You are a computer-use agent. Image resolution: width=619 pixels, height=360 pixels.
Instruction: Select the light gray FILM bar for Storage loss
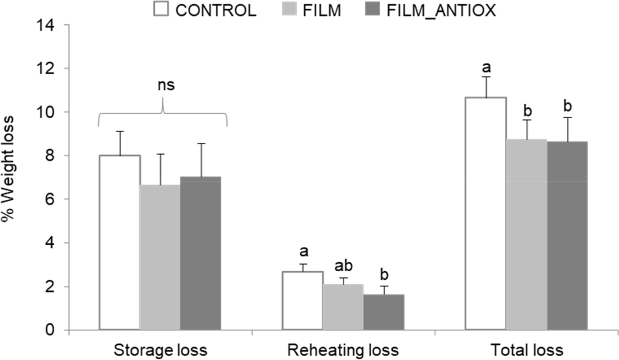coord(160,258)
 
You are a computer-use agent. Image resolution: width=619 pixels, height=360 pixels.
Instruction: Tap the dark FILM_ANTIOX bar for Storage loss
coord(200,253)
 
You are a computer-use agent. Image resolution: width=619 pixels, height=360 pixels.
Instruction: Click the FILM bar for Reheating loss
coord(343,307)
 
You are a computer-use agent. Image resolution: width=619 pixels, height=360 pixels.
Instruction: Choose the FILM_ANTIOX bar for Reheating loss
coord(383,312)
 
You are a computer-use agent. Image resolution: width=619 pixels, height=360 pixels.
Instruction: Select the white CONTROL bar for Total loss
coord(486,214)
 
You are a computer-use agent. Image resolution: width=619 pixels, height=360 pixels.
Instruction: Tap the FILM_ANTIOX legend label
coord(441,10)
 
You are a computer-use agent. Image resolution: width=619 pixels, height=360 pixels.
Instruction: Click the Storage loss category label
coord(160,350)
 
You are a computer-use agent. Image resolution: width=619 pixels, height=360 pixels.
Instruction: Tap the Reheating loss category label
coord(343,350)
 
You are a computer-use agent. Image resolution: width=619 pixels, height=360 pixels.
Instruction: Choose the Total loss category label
coord(526,350)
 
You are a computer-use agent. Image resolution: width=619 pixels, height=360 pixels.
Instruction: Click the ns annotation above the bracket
coord(166,85)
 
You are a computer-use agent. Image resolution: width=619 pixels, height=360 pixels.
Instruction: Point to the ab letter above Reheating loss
coord(343,266)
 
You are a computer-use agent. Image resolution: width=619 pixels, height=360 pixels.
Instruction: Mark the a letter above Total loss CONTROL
coord(486,67)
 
